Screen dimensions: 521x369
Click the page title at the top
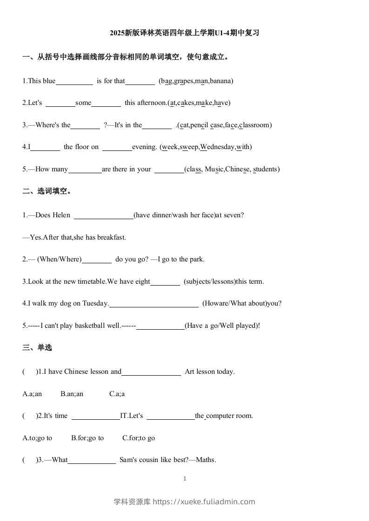tap(184, 33)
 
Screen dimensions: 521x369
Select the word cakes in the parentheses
tap(186, 103)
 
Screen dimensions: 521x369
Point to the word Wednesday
tap(217, 147)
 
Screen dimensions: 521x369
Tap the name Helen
tap(61, 215)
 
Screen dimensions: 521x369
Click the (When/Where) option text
tap(59, 259)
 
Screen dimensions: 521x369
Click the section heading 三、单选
tap(37, 347)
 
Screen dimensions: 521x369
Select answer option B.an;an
tap(72, 394)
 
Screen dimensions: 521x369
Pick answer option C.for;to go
tap(139, 438)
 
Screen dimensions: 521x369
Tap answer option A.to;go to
tap(37, 438)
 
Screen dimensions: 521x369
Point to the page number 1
tap(185, 479)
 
